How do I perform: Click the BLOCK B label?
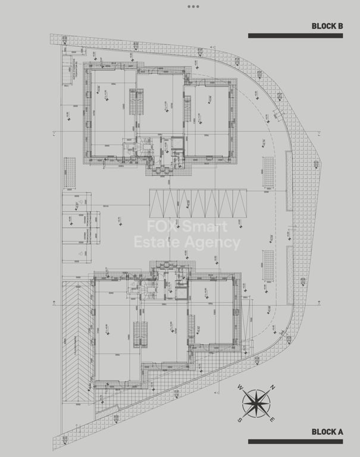[327, 26]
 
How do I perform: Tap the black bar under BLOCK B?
[295, 36]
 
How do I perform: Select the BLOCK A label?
[327, 432]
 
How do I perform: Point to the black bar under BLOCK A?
[295, 442]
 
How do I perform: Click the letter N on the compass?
[272, 387]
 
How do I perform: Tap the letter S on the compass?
[240, 419]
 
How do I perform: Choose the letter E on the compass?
[272, 419]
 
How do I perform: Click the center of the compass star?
[256, 403]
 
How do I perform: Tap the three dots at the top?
[193, 7]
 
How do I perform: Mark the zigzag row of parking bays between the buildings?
[197, 204]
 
